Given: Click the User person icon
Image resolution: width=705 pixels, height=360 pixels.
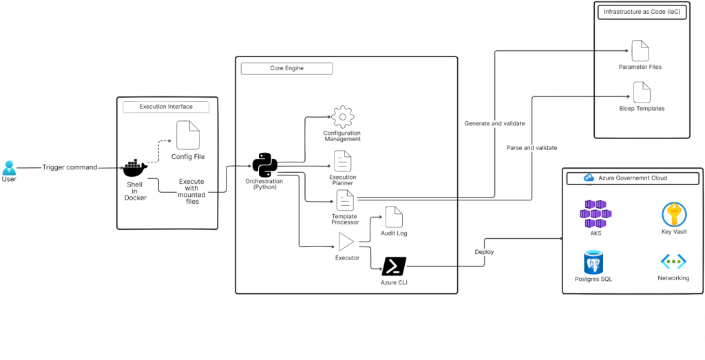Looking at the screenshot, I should pos(9,167).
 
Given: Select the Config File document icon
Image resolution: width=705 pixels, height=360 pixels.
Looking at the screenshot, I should pos(188,135).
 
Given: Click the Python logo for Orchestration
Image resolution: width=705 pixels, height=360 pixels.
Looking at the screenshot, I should pos(264,165).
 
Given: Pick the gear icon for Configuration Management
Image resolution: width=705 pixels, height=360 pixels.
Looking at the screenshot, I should pos(342,117).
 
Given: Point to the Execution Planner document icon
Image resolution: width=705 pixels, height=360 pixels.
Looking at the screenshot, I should pos(342,161).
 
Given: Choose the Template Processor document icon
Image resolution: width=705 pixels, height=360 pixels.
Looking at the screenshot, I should pos(345,200).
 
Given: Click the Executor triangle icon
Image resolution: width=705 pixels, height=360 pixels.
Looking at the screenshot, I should pos(346,242).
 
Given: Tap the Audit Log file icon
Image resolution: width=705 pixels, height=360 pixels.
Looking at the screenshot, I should pos(394,217).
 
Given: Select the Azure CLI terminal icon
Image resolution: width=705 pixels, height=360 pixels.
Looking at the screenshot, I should pos(394,266).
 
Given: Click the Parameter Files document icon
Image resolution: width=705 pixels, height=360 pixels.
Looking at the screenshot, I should pos(640,50).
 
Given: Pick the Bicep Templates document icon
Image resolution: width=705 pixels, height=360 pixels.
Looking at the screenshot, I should pos(642,92).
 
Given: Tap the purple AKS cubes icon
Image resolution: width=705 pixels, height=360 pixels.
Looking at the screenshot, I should pos(596,214).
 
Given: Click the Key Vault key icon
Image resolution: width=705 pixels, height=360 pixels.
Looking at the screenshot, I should pos(673,214).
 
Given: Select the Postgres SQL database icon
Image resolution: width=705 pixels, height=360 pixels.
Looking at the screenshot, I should pos(593,262).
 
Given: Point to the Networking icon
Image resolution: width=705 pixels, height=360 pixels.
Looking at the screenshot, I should pos(673,262).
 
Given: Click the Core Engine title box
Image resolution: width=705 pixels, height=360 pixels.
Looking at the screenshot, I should pos(286,69).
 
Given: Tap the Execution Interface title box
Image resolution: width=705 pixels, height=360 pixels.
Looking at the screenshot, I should pos(166,107).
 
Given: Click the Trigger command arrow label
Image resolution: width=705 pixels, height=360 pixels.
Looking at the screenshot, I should pos(70,167).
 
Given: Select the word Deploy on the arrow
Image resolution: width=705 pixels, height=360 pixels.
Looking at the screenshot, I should pos(484,252).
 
